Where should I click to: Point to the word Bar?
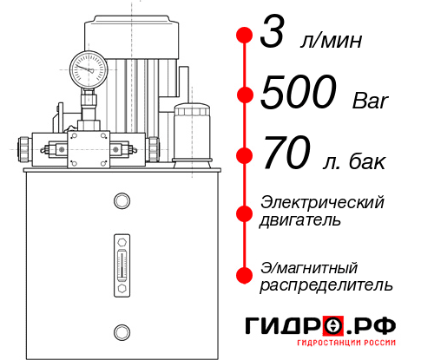coord(372,100)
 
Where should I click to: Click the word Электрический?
coord(322,203)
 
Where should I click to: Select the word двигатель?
coord(300,220)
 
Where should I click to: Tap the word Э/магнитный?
coord(309,266)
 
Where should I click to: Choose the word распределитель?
coord(326,285)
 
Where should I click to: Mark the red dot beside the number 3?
coord(245,36)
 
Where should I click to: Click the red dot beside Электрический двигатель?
coord(245,212)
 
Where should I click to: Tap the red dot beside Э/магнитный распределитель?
coord(245,275)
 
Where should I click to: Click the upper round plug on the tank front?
coord(121,201)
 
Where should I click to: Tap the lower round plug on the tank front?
coord(121,330)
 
